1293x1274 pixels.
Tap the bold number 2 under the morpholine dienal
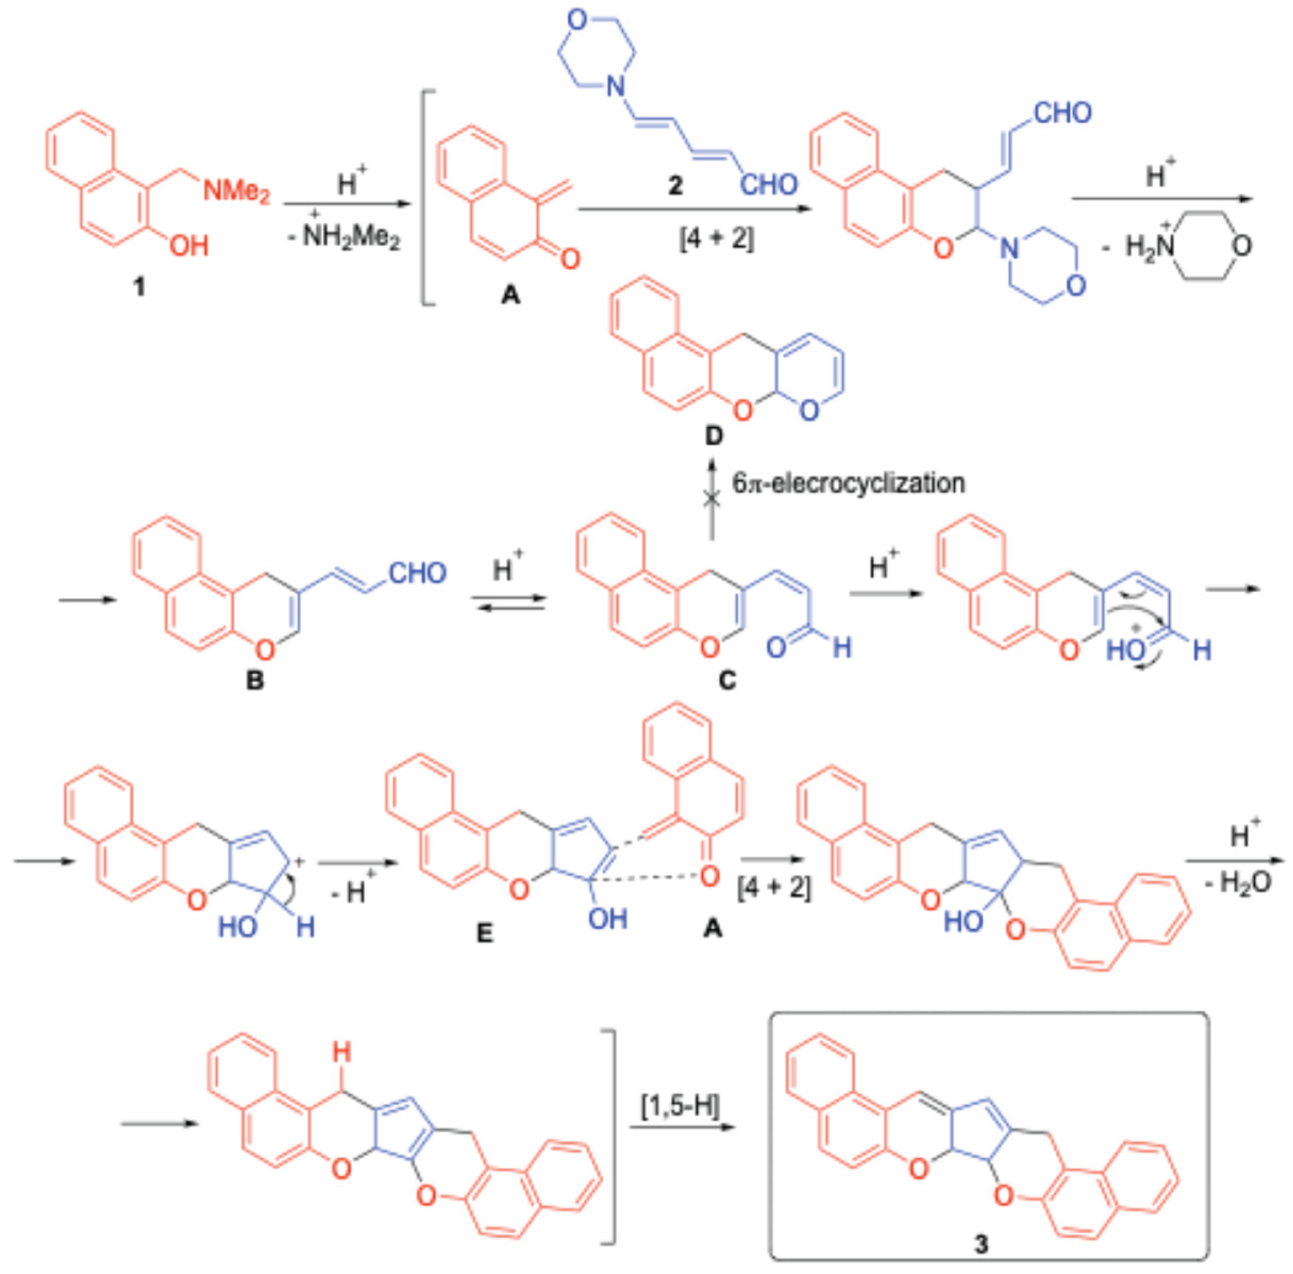675,185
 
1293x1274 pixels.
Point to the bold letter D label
714,436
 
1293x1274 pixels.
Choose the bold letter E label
484,933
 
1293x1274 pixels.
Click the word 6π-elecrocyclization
848,483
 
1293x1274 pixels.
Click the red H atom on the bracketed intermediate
342,1054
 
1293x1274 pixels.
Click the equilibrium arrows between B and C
509,602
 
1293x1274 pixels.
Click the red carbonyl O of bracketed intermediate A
570,258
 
